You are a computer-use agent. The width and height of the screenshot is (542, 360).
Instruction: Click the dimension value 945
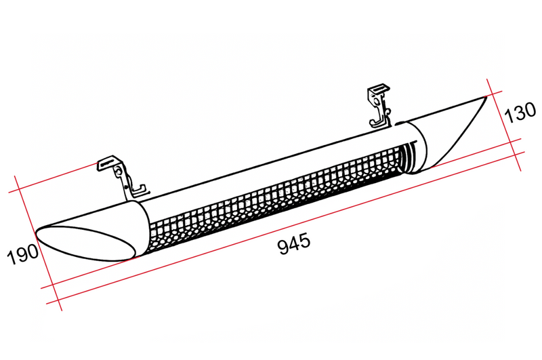(x=294, y=243)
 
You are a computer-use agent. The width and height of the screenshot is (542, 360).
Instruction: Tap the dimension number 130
(x=520, y=112)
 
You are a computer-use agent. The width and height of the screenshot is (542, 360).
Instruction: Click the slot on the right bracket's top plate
(x=379, y=89)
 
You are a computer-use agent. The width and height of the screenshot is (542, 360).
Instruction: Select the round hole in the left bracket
(x=119, y=171)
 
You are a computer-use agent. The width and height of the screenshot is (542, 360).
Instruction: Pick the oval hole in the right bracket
(x=375, y=100)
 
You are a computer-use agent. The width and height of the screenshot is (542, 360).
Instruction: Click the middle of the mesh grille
(x=276, y=198)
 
